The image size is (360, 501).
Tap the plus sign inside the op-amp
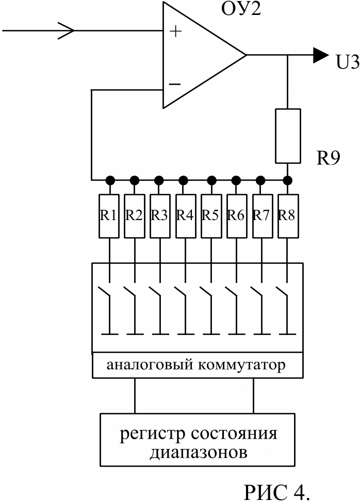(176, 32)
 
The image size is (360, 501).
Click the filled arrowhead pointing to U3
(320, 55)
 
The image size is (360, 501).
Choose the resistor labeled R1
(109, 216)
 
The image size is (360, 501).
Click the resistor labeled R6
(236, 216)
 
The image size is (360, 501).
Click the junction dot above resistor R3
(159, 180)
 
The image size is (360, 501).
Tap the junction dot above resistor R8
(287, 180)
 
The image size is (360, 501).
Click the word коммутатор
(244, 367)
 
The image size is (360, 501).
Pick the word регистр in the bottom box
(148, 433)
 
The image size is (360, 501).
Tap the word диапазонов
(198, 452)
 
